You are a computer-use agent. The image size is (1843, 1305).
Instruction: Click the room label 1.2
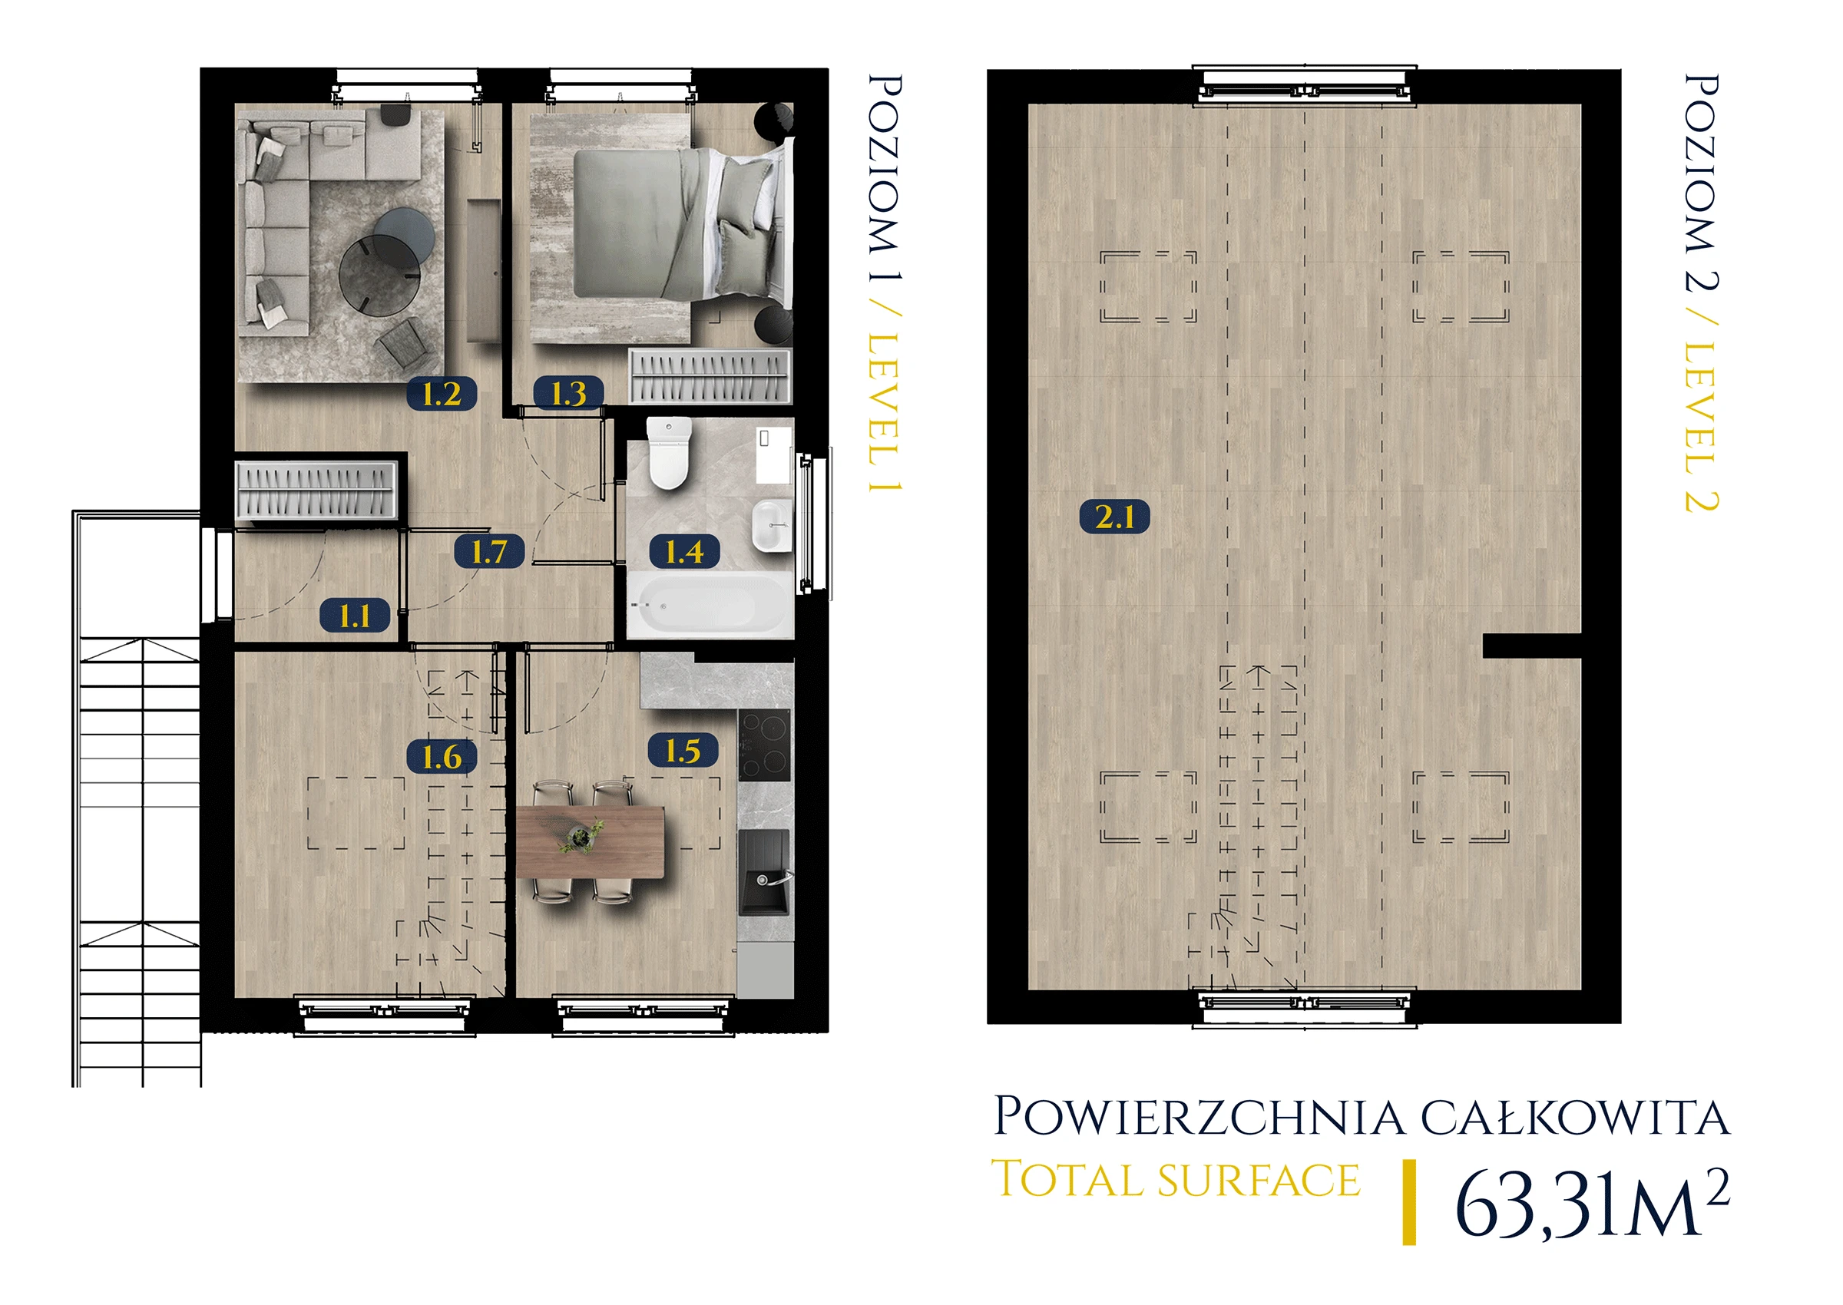(x=442, y=394)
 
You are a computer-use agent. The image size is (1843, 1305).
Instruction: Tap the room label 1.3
(x=568, y=393)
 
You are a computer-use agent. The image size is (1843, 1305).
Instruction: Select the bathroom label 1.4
(x=684, y=551)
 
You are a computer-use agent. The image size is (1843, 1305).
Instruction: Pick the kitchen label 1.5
(x=683, y=751)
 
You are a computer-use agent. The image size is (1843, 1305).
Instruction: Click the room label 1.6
(x=442, y=756)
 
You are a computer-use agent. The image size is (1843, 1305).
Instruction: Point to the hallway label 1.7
(x=488, y=551)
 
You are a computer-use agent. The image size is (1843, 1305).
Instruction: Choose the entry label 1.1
(x=355, y=616)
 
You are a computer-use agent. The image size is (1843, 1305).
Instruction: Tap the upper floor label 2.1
(x=1114, y=516)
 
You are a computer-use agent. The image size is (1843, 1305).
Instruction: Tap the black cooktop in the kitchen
(x=764, y=745)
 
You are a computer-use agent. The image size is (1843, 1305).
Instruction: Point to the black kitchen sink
(x=764, y=873)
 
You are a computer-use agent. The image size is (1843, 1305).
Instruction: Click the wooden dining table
(x=591, y=842)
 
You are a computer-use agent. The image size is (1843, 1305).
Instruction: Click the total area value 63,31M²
(x=1591, y=1203)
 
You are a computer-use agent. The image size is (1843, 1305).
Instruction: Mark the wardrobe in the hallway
(x=316, y=490)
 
